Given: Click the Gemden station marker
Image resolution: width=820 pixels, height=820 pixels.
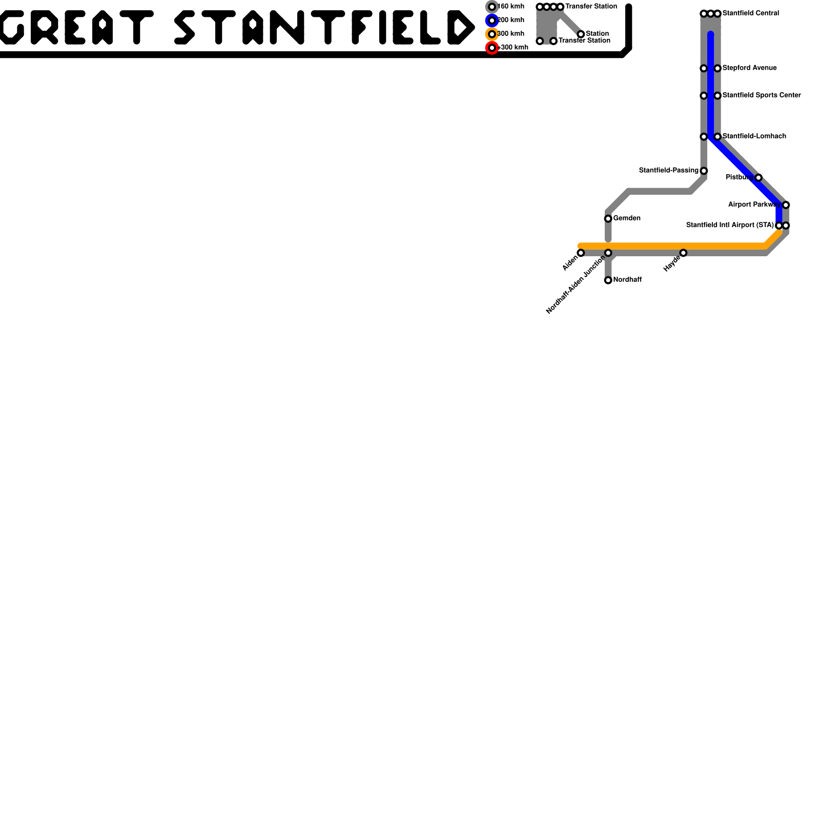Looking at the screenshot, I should pyautogui.click(x=608, y=219).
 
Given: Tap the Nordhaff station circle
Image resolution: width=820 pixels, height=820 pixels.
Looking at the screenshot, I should pyautogui.click(x=608, y=280).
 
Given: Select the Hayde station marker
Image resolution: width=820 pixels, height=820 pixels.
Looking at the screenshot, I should pyautogui.click(x=683, y=253).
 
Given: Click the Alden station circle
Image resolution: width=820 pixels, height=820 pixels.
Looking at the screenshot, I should pyautogui.click(x=581, y=253).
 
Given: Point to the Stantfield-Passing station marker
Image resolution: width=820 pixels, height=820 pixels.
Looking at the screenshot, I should pyautogui.click(x=704, y=171).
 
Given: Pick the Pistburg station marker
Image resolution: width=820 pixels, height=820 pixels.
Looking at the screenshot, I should pyautogui.click(x=758, y=177).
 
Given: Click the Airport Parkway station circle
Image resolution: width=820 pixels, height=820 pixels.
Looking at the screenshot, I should pyautogui.click(x=786, y=205).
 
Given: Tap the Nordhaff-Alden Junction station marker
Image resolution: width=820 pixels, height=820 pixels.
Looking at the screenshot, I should pyautogui.click(x=608, y=253).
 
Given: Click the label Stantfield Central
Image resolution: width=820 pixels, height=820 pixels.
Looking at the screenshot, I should pyautogui.click(x=750, y=13).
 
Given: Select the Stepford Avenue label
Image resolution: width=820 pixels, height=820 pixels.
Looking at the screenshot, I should pyautogui.click(x=749, y=68).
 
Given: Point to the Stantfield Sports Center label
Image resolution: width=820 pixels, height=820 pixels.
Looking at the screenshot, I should pyautogui.click(x=761, y=95).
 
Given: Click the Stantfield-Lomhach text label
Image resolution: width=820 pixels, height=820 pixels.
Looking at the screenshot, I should pyautogui.click(x=754, y=136).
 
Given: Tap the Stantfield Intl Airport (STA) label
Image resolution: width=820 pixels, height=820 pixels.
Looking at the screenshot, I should pyautogui.click(x=729, y=225).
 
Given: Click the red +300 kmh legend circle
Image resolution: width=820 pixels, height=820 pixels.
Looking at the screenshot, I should pyautogui.click(x=492, y=48).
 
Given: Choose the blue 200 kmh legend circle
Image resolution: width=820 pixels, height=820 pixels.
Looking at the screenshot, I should pyautogui.click(x=492, y=20).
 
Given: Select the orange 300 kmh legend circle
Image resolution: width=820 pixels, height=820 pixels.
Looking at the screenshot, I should pyautogui.click(x=492, y=34).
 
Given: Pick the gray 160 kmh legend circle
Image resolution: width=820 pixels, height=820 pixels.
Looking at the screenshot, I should pyautogui.click(x=492, y=7).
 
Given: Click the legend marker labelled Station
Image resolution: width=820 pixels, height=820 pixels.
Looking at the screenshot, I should pyautogui.click(x=581, y=34).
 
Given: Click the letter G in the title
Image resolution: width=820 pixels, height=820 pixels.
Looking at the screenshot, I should pyautogui.click(x=11, y=27).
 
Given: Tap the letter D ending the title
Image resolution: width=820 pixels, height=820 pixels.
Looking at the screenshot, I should pyautogui.click(x=460, y=27).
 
